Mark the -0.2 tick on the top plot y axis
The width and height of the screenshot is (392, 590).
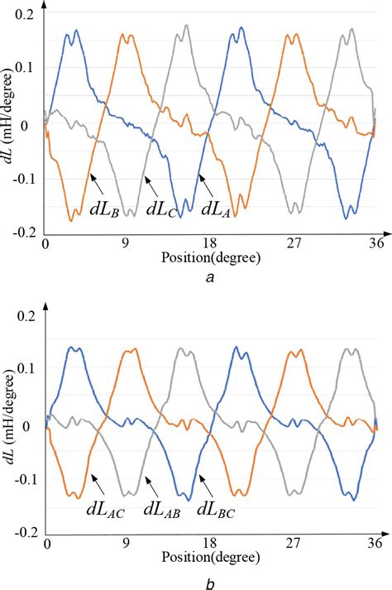coord(20,234)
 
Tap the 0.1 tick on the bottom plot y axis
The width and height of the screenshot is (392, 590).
coord(24,343)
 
